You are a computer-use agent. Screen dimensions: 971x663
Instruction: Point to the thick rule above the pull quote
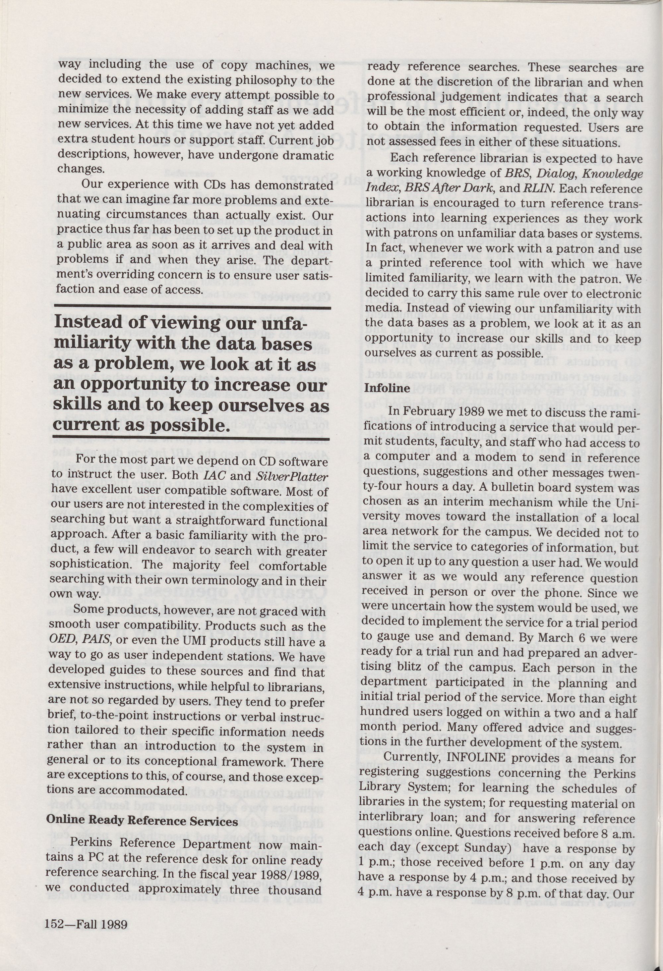click(x=192, y=307)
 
